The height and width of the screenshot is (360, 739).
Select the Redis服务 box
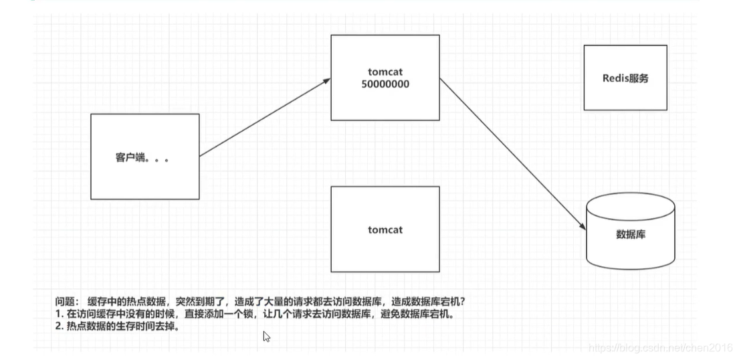tap(625, 78)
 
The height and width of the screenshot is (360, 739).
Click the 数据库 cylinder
tap(630, 234)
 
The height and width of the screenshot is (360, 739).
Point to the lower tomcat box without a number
tap(385, 230)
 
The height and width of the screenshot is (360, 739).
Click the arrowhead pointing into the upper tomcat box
tap(327, 80)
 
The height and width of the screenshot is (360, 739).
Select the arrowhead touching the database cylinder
tap(583, 227)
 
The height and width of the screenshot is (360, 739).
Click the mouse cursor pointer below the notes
tap(266, 336)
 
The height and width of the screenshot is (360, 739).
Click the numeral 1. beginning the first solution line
tap(60, 314)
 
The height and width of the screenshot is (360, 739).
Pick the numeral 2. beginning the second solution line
tap(60, 327)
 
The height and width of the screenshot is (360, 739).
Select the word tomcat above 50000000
tap(385, 72)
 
